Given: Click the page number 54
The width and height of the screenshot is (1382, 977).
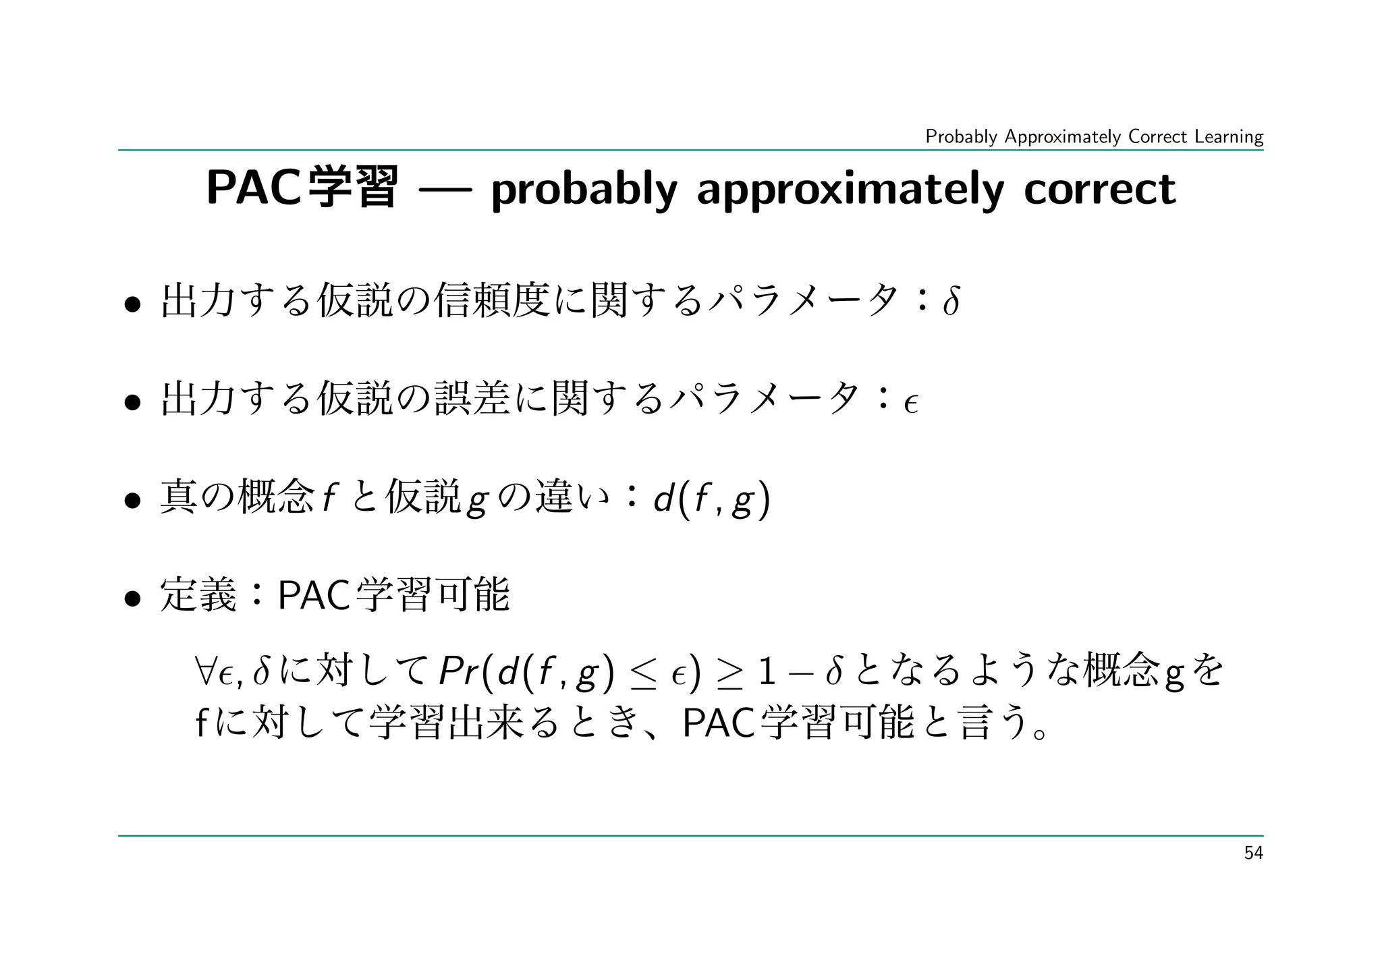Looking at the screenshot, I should tap(1253, 854).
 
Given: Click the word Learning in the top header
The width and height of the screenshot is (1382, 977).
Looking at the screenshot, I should tap(1228, 137).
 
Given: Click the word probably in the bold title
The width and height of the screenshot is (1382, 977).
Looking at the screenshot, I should tap(584, 190).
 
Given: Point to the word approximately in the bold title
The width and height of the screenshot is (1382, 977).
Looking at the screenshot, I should tap(850, 190).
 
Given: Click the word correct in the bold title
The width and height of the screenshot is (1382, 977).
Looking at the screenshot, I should tap(1099, 190).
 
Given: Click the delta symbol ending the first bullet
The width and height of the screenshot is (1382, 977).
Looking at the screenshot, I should tap(950, 302).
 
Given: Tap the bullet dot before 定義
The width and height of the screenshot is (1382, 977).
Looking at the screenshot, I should tap(132, 598).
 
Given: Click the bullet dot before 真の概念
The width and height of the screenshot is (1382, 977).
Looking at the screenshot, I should tap(132, 501).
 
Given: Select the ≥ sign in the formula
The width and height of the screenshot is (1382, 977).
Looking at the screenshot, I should tap(727, 674).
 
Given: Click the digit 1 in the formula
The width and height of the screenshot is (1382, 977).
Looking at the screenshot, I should tap(767, 672).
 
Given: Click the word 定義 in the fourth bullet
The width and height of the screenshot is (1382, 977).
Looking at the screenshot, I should tap(198, 596).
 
